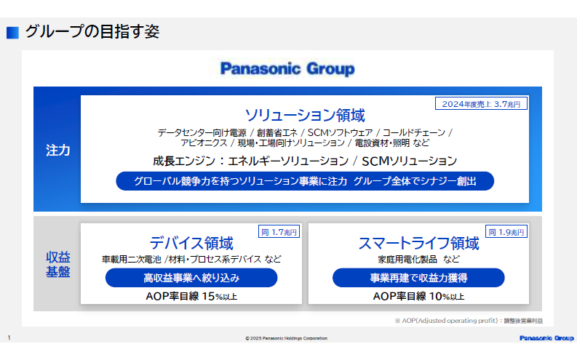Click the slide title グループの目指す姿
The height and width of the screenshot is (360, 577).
92,32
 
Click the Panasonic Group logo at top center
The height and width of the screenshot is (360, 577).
287,69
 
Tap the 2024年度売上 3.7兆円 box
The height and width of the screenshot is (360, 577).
481,104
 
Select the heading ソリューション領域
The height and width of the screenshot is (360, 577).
305,116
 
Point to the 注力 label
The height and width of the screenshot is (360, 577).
57,150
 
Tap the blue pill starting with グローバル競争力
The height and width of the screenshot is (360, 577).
305,181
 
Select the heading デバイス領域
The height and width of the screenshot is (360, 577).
191,243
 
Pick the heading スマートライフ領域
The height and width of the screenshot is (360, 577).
418,243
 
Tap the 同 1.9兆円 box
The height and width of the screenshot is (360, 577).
507,232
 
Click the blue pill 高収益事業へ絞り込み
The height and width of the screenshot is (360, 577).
191,278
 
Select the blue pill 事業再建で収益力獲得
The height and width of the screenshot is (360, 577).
418,278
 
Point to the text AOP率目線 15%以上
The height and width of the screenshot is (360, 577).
191,296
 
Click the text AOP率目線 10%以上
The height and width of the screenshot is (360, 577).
418,296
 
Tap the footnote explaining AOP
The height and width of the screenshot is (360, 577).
469,320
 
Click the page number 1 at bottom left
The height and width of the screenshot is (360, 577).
9,338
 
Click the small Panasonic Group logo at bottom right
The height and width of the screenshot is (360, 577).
546,338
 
